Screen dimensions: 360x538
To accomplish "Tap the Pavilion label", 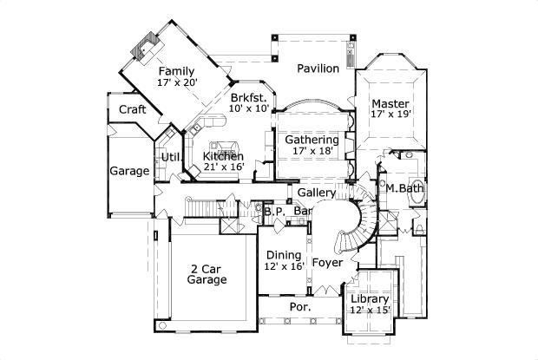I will (318, 69).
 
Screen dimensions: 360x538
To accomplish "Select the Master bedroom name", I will (390, 101).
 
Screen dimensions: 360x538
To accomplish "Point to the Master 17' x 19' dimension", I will (390, 114).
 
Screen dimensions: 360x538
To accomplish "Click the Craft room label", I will (132, 109).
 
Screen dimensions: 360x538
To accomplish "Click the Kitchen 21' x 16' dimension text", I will (224, 167).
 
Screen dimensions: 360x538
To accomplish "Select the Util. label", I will (169, 157).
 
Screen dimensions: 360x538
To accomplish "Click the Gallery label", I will (316, 192).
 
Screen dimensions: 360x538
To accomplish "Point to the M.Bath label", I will (404, 188).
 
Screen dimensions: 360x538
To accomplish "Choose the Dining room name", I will (284, 255).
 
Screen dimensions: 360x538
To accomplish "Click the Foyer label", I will (327, 261).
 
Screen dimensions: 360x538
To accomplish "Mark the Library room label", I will (371, 299).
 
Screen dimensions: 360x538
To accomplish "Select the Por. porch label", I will (300, 308).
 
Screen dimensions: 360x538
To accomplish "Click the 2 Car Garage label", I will (208, 274).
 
